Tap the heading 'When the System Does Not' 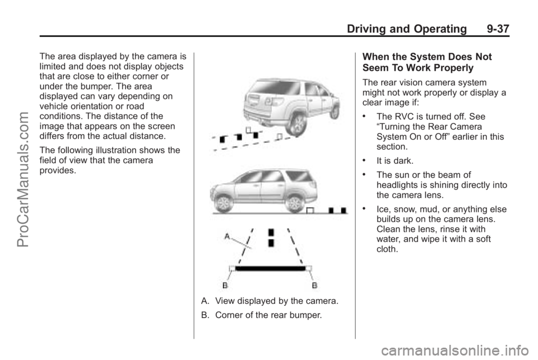(427, 57)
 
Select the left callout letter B (224, 285)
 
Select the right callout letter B (314, 285)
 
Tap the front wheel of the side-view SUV (225, 200)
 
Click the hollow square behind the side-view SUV (309, 211)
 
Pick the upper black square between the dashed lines (271, 232)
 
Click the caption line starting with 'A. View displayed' (270, 302)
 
